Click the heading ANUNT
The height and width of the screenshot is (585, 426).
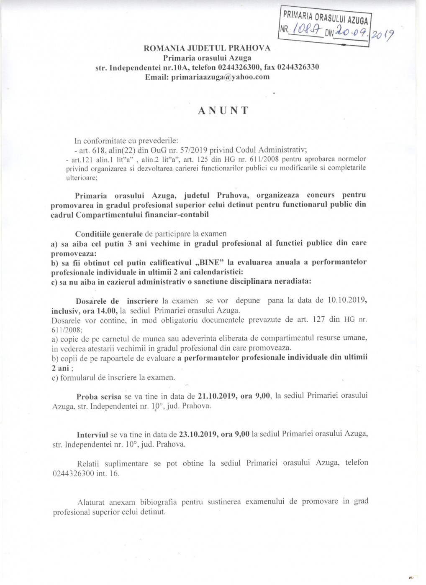(223, 110)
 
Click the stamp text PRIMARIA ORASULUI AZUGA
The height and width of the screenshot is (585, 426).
(326, 18)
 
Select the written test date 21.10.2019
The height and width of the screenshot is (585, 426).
(217, 396)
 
